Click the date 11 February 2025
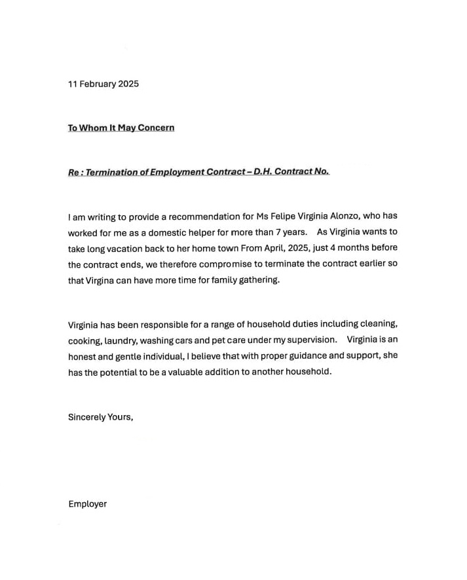tap(103, 84)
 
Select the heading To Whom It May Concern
tap(121, 128)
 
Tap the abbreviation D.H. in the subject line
tap(263, 172)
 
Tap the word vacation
tap(134, 249)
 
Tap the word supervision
tap(301, 340)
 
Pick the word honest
tap(83, 356)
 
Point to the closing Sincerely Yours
tap(100, 416)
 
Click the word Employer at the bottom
tap(87, 504)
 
